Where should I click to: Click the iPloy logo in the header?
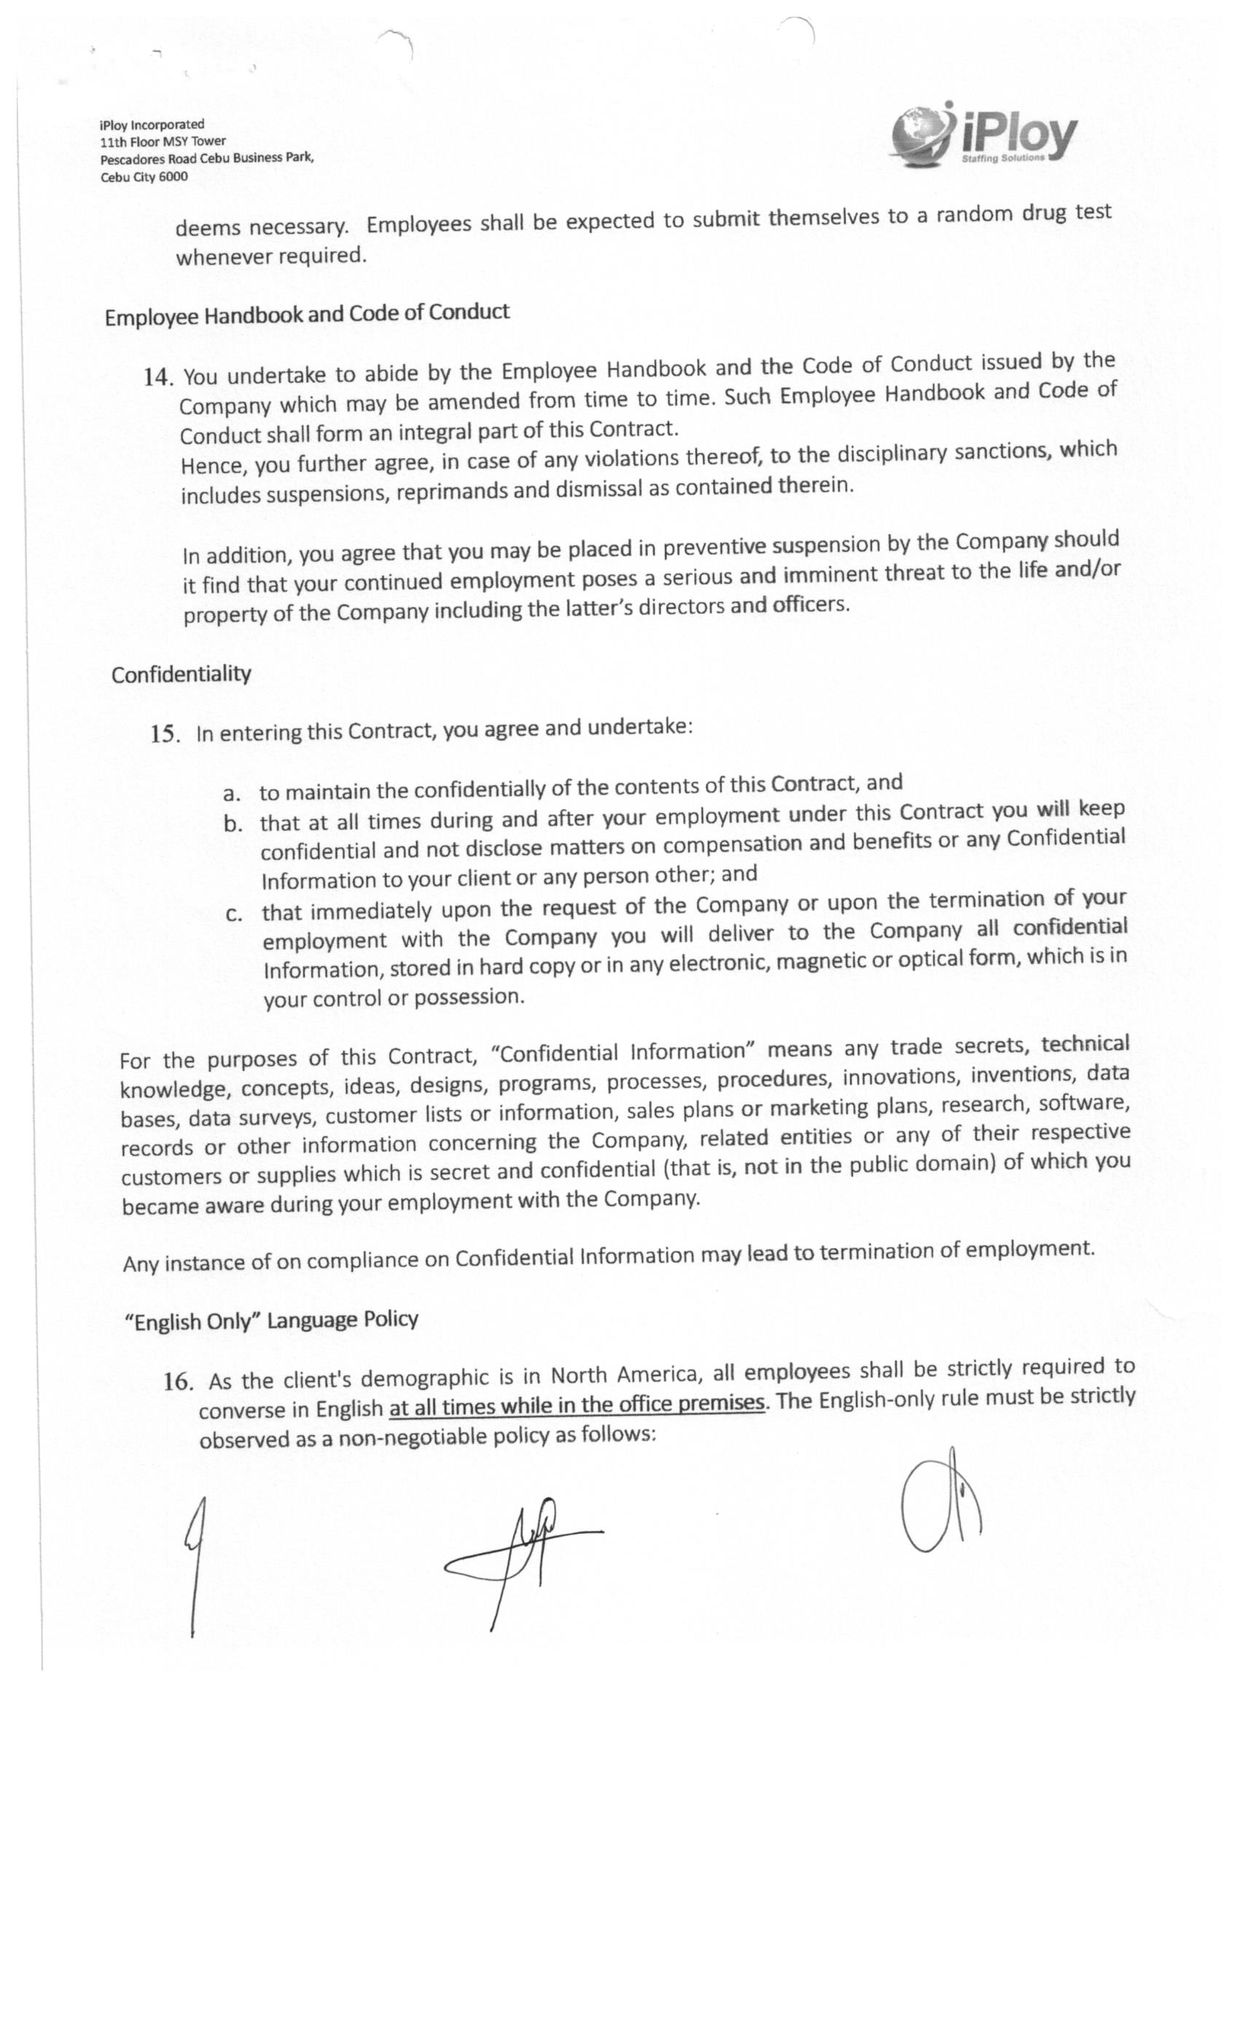click(x=983, y=134)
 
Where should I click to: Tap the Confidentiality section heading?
click(x=181, y=675)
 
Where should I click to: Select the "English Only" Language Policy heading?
click(x=271, y=1319)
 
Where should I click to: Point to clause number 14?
click(x=158, y=377)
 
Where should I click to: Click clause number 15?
click(x=165, y=734)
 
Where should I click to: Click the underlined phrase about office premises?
click(x=576, y=1405)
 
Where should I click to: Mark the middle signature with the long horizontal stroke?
click(x=522, y=1553)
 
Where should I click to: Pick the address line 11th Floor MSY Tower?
click(x=163, y=141)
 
